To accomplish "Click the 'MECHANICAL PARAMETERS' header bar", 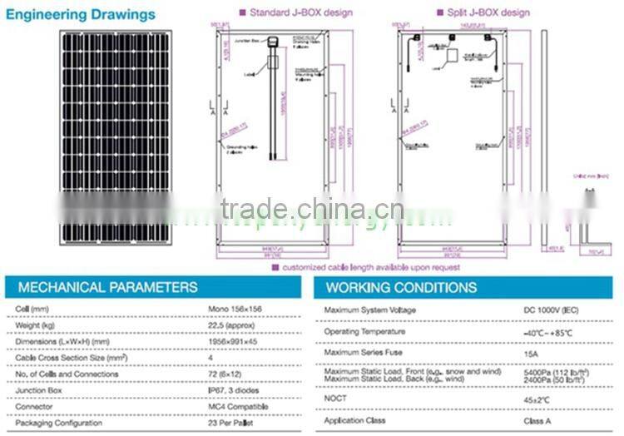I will [x=155, y=288].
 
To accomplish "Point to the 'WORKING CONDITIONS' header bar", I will [x=466, y=288].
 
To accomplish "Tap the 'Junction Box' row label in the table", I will [x=38, y=390].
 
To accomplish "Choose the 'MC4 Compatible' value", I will [x=238, y=407].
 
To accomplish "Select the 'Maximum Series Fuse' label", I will [x=363, y=353].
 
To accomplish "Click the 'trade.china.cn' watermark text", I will [x=312, y=208].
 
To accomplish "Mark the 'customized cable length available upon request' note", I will [x=370, y=268].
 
